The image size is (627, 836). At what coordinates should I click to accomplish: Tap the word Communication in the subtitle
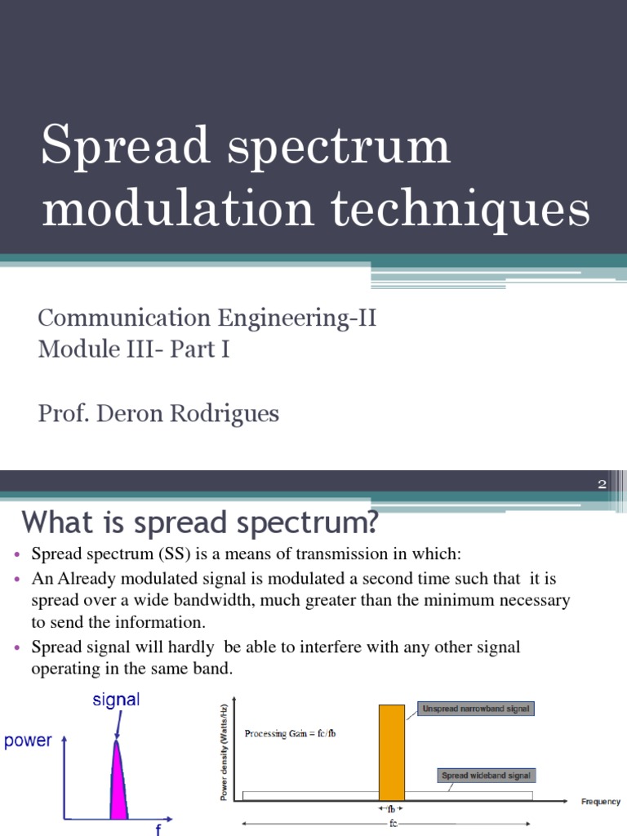coord(124,318)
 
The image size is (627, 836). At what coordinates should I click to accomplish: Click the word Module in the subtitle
coord(76,349)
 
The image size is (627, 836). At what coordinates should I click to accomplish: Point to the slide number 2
coord(602,484)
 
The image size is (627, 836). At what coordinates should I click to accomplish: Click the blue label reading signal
coord(115,700)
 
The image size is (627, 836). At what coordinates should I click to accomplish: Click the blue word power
coord(28,741)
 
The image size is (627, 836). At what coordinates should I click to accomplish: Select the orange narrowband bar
coord(392,751)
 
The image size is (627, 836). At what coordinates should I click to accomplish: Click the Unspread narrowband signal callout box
coord(475,709)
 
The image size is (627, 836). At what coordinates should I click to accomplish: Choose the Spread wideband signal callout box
coord(487,775)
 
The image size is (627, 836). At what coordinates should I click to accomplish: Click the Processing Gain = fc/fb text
coord(291,733)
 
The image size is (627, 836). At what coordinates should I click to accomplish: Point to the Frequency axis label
coord(600,802)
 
